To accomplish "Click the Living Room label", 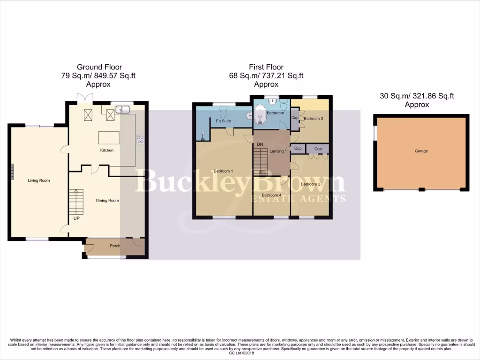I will [38, 180].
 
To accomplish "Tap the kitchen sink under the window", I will [124, 110].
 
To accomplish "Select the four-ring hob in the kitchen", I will [140, 139].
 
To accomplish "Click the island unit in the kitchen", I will [108, 138].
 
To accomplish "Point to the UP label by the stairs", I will [76, 218].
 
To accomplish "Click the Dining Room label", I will [107, 201].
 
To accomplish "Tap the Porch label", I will [115, 246].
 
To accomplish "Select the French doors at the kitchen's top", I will [85, 97].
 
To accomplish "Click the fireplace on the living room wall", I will [13, 172].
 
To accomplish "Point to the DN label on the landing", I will [259, 145].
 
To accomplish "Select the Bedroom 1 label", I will [223, 171].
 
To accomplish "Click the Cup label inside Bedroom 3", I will [295, 118].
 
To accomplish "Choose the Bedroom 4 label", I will [271, 195].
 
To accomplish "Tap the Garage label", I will [421, 151].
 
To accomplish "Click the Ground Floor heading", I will [99, 67].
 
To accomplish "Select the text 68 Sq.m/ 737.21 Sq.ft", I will [266, 75].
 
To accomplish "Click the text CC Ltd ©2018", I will [240, 353].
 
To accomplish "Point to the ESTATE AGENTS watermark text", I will [299, 199].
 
